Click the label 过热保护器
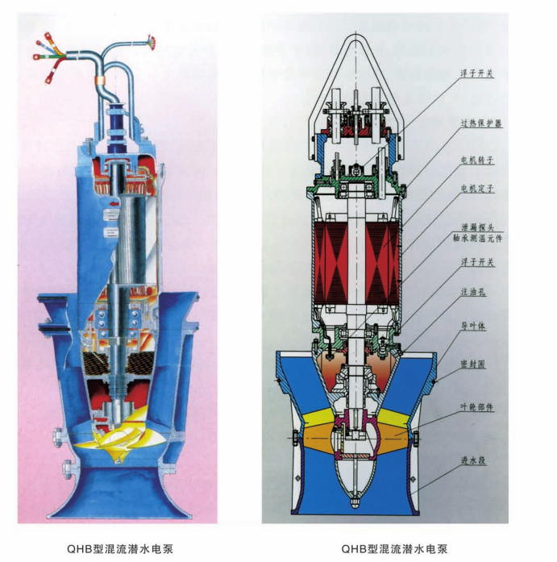pyautogui.click(x=480, y=123)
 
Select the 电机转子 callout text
pyautogui.click(x=477, y=160)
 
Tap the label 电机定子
pyautogui.click(x=477, y=189)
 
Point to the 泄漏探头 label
pyautogui.click(x=477, y=227)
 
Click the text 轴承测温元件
pyautogui.click(x=478, y=238)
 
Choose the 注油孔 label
pyautogui.click(x=473, y=292)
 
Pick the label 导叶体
pyautogui.click(x=473, y=327)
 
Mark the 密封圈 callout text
pyautogui.click(x=473, y=364)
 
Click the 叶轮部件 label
pyautogui.click(x=477, y=407)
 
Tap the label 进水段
pyautogui.click(x=473, y=460)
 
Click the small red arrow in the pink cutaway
pyautogui.click(x=114, y=204)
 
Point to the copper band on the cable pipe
pyautogui.click(x=101, y=80)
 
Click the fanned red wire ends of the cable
pyautogui.click(x=152, y=42)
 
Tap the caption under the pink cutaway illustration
pyautogui.click(x=120, y=549)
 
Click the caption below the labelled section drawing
pyautogui.click(x=394, y=549)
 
